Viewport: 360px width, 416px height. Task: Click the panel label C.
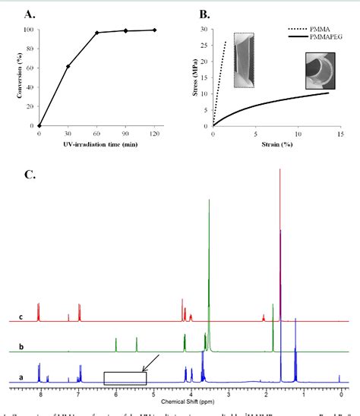tap(29, 175)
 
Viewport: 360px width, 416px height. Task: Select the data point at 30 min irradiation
tap(69, 67)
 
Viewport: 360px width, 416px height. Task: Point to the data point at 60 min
tap(96, 33)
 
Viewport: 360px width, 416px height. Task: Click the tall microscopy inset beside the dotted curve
tap(245, 58)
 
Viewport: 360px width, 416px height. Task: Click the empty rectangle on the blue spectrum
tap(125, 357)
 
